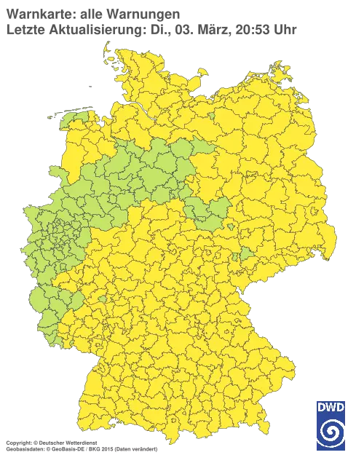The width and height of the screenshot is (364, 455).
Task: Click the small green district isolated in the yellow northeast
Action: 212,116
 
